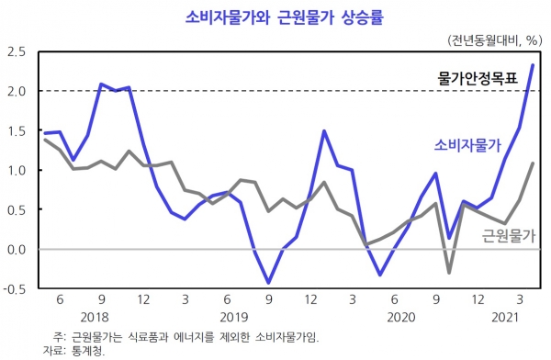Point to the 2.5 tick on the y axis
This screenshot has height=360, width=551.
17,51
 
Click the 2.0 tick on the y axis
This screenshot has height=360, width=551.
17,91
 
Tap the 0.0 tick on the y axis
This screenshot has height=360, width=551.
17,249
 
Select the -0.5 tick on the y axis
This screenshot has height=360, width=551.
15,288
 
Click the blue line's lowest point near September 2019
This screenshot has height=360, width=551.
269,283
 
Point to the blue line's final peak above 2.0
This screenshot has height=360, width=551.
534,65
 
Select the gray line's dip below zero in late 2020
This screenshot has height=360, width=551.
450,273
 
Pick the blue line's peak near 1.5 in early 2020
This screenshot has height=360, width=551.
324,131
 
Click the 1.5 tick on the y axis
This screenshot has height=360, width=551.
17,130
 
